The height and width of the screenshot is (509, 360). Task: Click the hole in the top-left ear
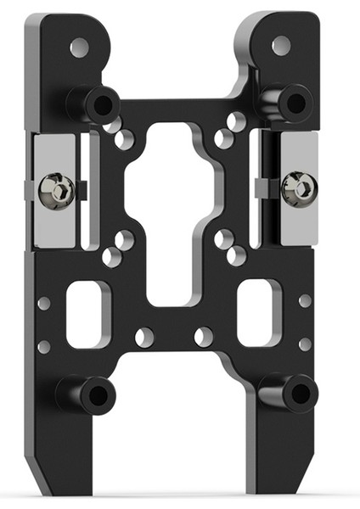pos(79,48)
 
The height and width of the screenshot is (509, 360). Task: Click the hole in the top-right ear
pos(279,46)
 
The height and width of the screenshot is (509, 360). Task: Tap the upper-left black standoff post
pos(94,104)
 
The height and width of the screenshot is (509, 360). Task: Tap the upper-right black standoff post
pos(286,103)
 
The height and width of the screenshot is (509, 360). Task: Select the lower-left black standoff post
pos(87,394)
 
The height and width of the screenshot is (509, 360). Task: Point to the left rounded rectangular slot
pos(87,314)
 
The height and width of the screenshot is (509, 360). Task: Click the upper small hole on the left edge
pos(44,303)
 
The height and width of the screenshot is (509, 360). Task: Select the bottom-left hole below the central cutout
pos(144,337)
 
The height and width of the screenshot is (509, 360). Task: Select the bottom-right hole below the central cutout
pos(204,337)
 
